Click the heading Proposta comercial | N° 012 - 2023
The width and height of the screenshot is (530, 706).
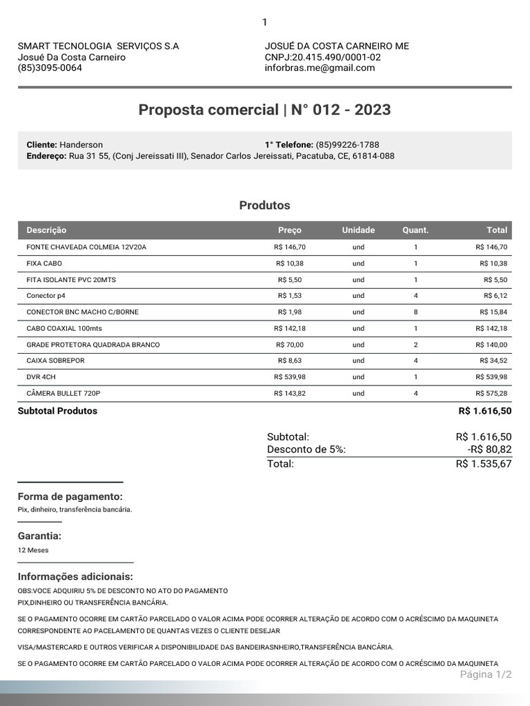pos(264,110)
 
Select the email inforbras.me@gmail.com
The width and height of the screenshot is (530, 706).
pos(320,68)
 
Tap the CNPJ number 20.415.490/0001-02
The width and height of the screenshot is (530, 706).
pos(336,57)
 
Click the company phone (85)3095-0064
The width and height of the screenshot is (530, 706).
pos(50,68)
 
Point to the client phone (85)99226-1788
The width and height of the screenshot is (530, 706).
pos(347,145)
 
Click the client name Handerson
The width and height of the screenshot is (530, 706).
pos(81,145)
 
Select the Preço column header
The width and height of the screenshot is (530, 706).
pos(289,230)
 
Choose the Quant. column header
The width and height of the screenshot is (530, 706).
pos(415,230)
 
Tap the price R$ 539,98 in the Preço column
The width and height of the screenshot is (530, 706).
pos(289,377)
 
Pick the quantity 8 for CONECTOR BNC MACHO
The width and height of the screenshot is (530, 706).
pos(415,312)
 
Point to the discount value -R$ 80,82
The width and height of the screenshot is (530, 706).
pos(489,450)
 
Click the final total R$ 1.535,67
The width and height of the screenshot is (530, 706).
pos(483,464)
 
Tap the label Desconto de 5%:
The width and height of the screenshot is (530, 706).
pos(306,450)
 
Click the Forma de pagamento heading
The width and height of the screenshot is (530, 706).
pos(70,497)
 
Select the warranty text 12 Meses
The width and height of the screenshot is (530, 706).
pos(33,550)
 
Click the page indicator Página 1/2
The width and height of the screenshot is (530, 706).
pos(485,674)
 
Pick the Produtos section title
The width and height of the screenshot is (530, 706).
pos(264,205)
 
